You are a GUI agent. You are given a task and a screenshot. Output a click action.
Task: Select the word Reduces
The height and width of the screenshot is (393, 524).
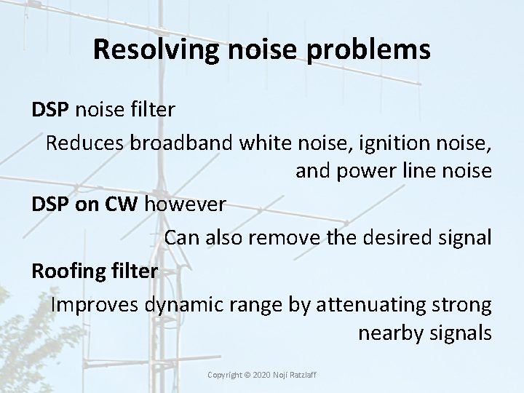[85, 142]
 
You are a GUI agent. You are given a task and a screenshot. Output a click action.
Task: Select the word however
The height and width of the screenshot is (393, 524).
[185, 205]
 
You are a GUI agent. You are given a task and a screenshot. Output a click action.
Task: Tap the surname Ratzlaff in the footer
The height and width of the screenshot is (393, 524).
[311, 375]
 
